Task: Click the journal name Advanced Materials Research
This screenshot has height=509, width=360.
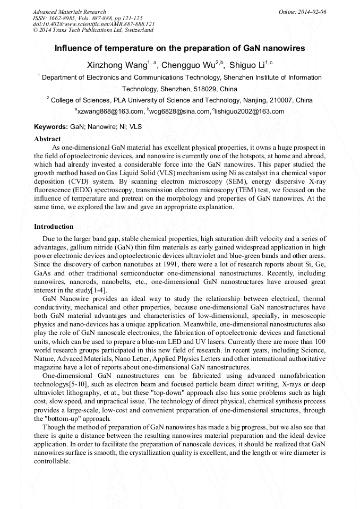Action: tap(69, 12)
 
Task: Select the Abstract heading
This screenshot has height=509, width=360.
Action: tap(47, 139)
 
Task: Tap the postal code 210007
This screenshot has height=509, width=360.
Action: tap(277, 100)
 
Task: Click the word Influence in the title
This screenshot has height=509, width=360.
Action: tap(76, 48)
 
